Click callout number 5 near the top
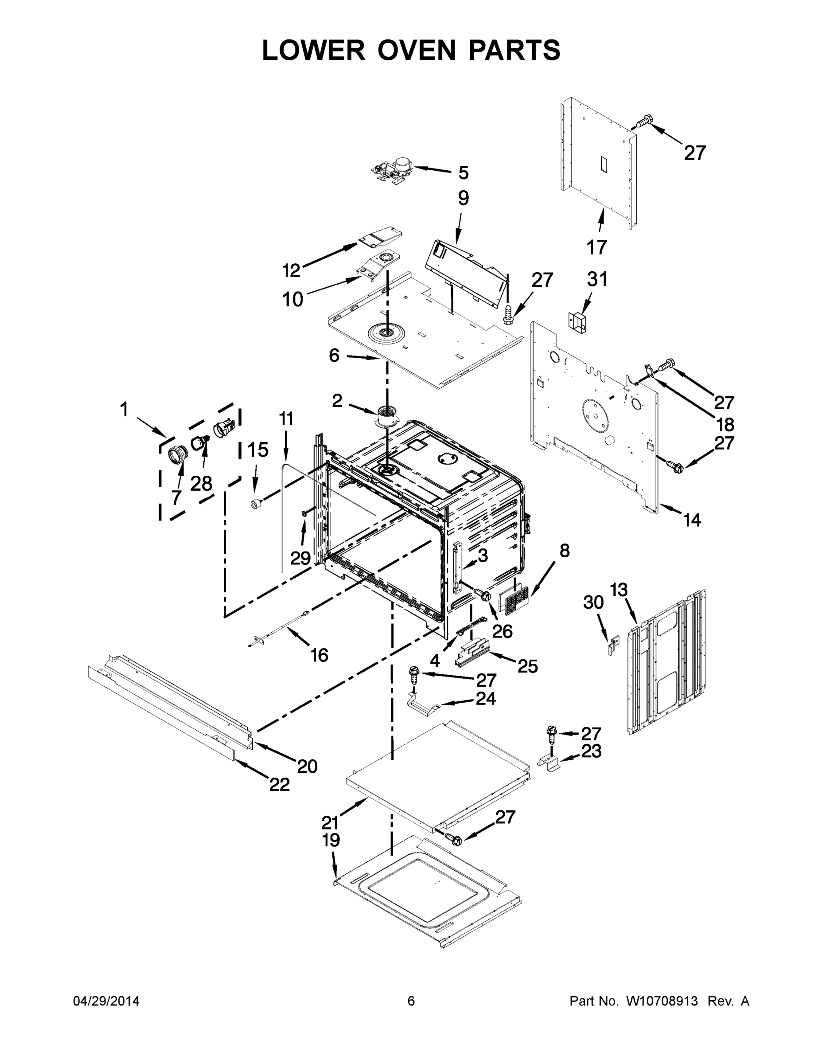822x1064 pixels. click(463, 172)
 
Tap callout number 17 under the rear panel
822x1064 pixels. click(596, 247)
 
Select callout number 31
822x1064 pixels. click(597, 279)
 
